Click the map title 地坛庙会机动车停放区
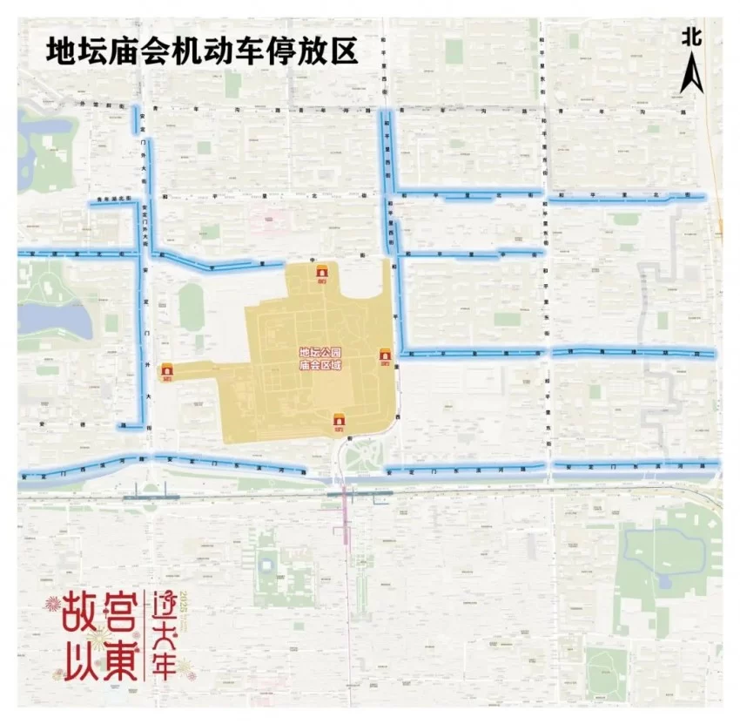202,50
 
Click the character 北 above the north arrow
692,36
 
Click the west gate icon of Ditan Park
166,372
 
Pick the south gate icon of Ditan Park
339,423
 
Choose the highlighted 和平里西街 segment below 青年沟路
384,148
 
